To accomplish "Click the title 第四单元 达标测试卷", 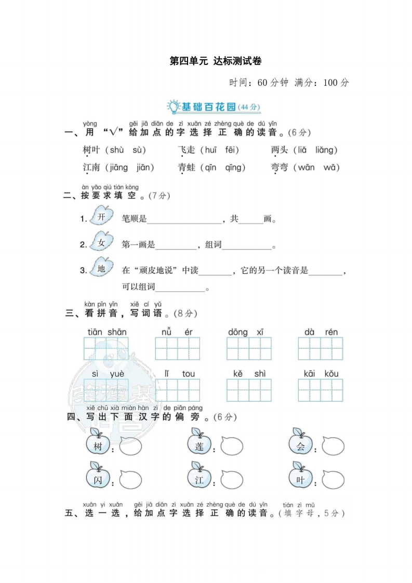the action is [x=216, y=61].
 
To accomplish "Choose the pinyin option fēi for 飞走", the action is [x=231, y=150].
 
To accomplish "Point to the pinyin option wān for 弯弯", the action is [x=307, y=167].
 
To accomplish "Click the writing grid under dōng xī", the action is [x=249, y=349].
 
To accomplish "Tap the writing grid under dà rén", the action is [x=321, y=349].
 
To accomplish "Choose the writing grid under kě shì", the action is [x=249, y=390].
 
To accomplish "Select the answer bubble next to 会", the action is [x=333, y=446].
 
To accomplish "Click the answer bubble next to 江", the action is [x=231, y=479].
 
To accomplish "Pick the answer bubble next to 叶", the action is [x=333, y=479].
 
